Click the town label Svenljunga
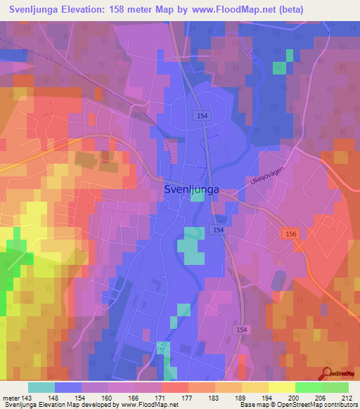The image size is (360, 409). (x=191, y=189)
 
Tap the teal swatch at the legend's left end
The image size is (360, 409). (x=41, y=387)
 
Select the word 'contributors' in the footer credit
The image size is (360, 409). (x=340, y=405)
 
